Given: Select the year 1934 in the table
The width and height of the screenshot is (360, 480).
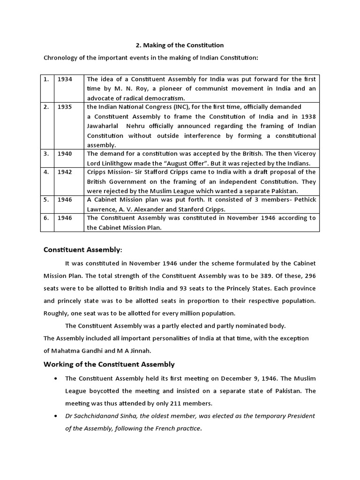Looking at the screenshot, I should (65, 79).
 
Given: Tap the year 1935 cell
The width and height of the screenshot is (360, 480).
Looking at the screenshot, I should (65, 107).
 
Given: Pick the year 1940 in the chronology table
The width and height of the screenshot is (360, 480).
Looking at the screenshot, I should (65, 154).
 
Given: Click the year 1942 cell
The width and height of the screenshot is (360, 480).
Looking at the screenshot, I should (65, 172).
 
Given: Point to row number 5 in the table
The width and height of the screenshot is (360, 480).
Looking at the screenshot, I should (46, 200).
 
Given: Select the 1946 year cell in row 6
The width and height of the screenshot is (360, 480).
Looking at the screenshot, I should (65, 218).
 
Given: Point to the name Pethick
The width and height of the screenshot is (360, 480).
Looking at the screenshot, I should (304, 200).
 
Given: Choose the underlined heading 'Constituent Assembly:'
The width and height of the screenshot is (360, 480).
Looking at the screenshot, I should (82, 250).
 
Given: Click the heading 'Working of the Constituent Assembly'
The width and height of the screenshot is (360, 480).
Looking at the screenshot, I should (109, 364).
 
